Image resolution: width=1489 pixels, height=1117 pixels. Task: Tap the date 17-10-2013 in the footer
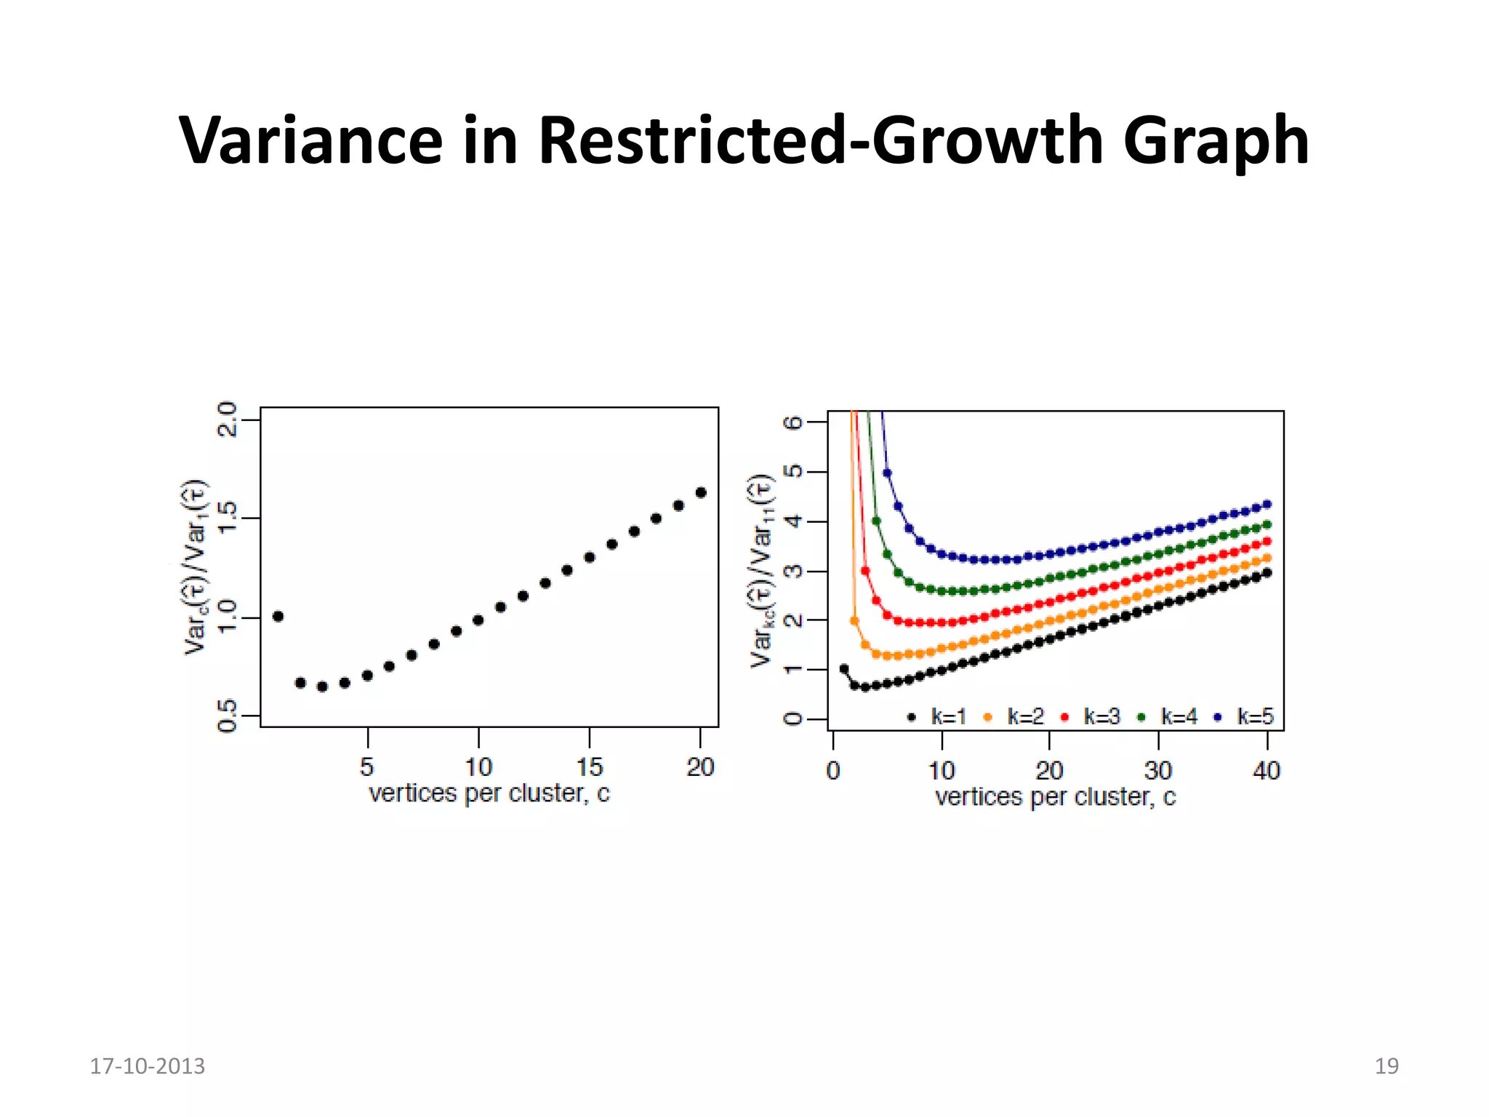coord(147,1066)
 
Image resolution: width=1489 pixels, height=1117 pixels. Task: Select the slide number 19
coord(1386,1066)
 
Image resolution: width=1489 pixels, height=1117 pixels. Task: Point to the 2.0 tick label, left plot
coord(228,420)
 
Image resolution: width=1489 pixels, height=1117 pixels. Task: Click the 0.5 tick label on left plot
coord(228,716)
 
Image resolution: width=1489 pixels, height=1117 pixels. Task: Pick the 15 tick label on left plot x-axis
coord(590,767)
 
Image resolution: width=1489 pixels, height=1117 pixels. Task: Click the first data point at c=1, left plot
coord(278,617)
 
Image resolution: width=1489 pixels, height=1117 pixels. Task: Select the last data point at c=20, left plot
coord(701,492)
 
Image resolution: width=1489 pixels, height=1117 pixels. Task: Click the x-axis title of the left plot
coord(489,793)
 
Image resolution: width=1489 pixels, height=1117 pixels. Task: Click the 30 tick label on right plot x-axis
coord(1157,771)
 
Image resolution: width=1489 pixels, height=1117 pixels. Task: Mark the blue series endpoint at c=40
coord(1267,504)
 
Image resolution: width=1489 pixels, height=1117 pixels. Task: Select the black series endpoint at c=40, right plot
coord(1267,573)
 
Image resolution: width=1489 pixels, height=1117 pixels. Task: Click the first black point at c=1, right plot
coord(844,668)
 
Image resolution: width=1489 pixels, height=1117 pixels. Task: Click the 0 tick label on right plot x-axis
coord(833,771)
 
